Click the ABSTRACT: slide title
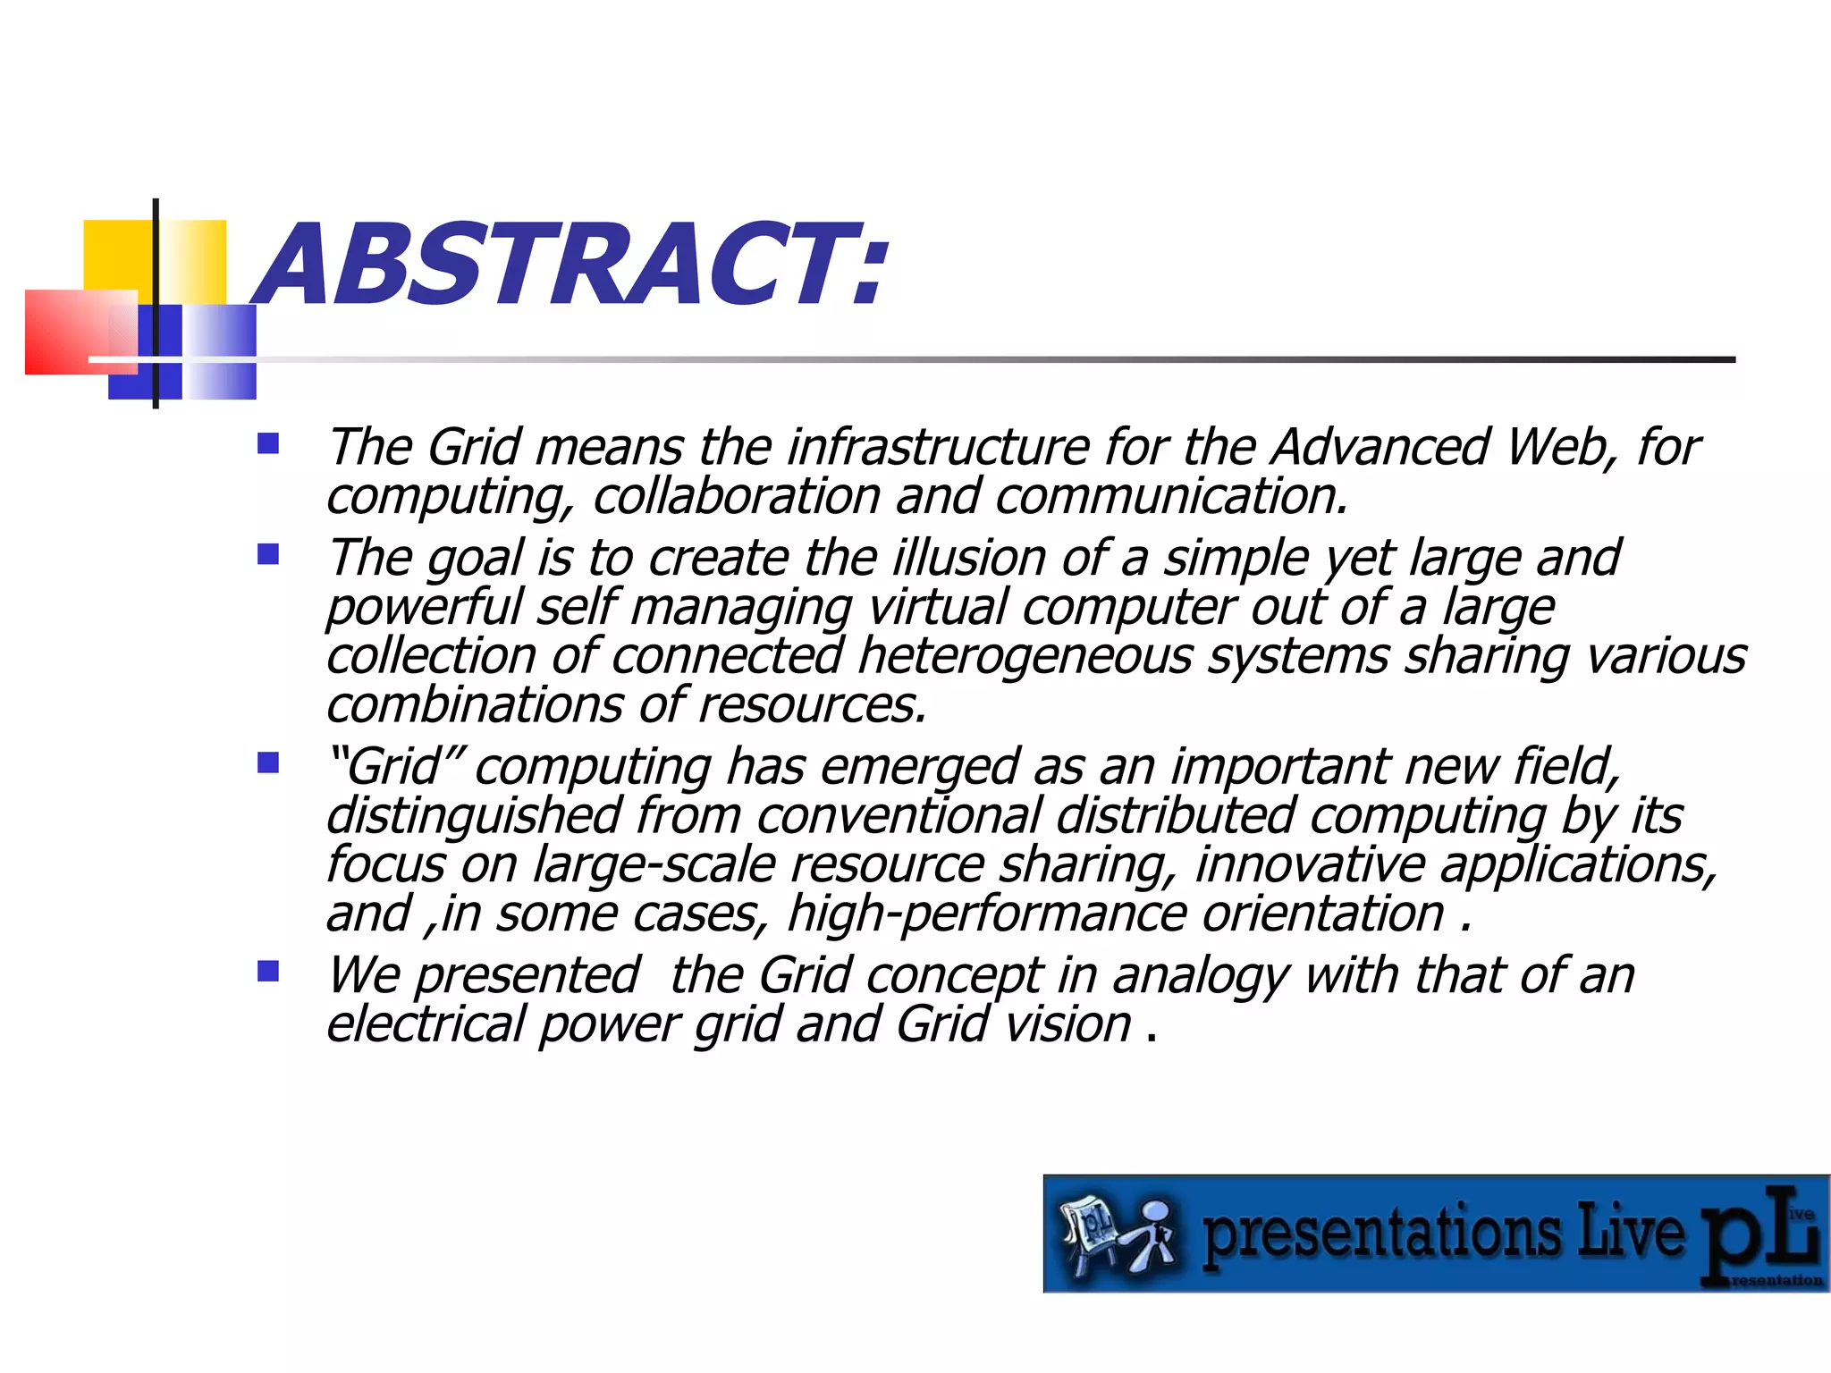click(x=572, y=265)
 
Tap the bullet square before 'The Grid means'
click(x=268, y=444)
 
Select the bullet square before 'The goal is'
click(x=268, y=555)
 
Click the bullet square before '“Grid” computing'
click(x=268, y=763)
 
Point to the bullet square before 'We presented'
click(x=268, y=972)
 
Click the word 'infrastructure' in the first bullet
click(x=939, y=447)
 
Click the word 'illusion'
click(x=970, y=558)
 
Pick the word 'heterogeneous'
click(x=1025, y=656)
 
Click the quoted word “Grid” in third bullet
click(x=394, y=766)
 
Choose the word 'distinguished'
click(x=474, y=816)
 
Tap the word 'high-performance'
click(x=987, y=914)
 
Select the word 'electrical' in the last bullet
click(x=425, y=1024)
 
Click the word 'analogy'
click(x=1200, y=975)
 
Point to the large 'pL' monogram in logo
click(x=1757, y=1238)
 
